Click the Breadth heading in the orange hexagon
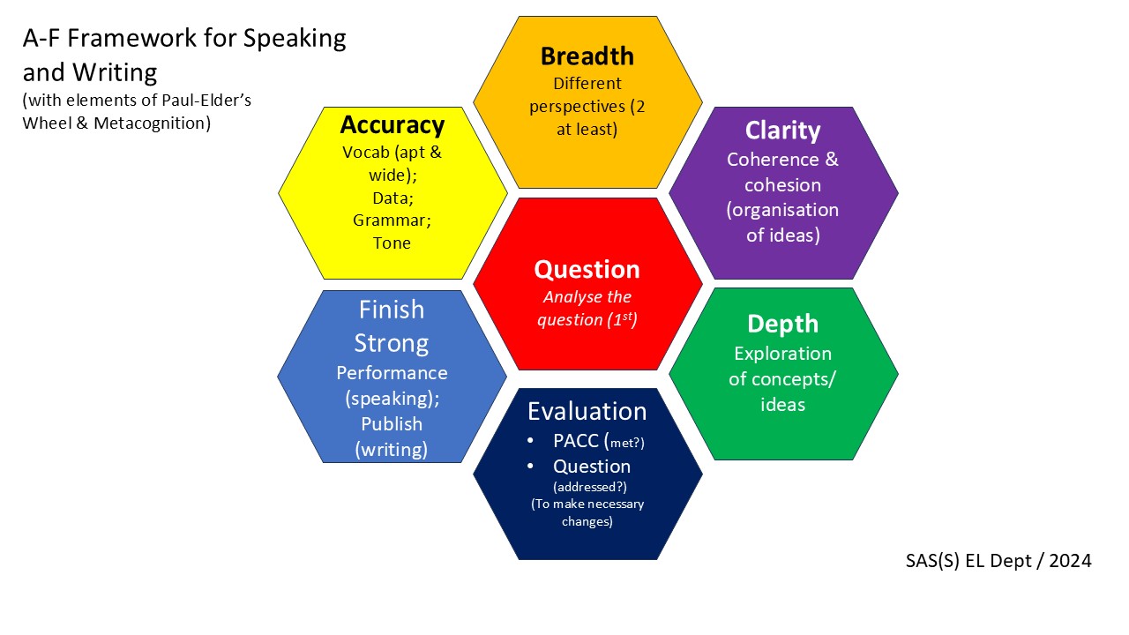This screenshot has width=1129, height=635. coord(587,56)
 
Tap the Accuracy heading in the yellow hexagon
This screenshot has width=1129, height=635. coord(393,124)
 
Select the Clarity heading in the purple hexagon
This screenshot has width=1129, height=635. coord(782,131)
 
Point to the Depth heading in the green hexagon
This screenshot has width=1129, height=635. coord(782,324)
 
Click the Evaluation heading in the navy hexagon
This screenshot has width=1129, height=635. coord(587,412)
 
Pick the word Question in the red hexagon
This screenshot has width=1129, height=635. coord(587,269)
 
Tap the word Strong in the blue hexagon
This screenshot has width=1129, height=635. coord(392,343)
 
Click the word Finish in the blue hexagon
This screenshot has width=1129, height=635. coord(392,310)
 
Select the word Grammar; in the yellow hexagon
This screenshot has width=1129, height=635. coord(392,220)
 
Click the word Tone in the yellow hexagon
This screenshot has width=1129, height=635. coord(392,243)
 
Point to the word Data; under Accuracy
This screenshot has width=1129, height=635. coord(392,198)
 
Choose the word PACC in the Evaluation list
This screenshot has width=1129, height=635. coord(576,441)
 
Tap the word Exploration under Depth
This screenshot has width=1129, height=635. coord(782,354)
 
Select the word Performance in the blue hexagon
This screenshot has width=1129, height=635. coord(392,373)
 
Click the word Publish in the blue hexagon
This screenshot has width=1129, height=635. coord(392,424)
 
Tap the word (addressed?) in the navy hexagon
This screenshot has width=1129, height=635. coord(587,486)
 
